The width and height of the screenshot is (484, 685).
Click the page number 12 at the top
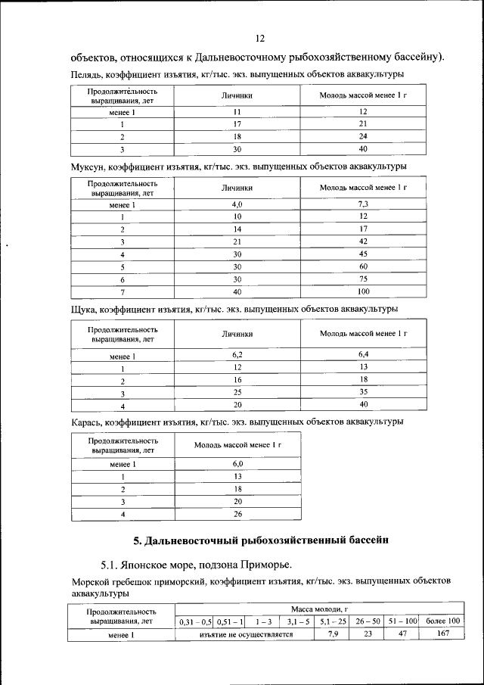pos(259,39)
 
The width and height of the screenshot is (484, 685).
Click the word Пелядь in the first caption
pos(87,74)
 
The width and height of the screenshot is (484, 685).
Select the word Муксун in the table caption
pos(90,165)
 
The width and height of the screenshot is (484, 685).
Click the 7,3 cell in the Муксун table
pos(363,204)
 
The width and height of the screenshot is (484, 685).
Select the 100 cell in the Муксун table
pos(363,291)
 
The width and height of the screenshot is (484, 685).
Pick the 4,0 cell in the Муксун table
pos(237,204)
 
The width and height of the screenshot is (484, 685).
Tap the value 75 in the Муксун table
pos(363,279)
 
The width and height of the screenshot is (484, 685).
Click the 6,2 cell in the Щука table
pos(237,354)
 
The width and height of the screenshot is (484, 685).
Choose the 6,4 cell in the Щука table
pos(363,354)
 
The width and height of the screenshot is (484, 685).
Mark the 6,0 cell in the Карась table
pos(237,463)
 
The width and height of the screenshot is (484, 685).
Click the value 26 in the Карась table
pos(237,515)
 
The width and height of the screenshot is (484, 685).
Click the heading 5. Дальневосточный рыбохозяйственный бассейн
pos(260,540)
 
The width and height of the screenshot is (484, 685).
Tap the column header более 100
pos(442,621)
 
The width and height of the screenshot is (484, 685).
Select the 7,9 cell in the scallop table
pos(334,634)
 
